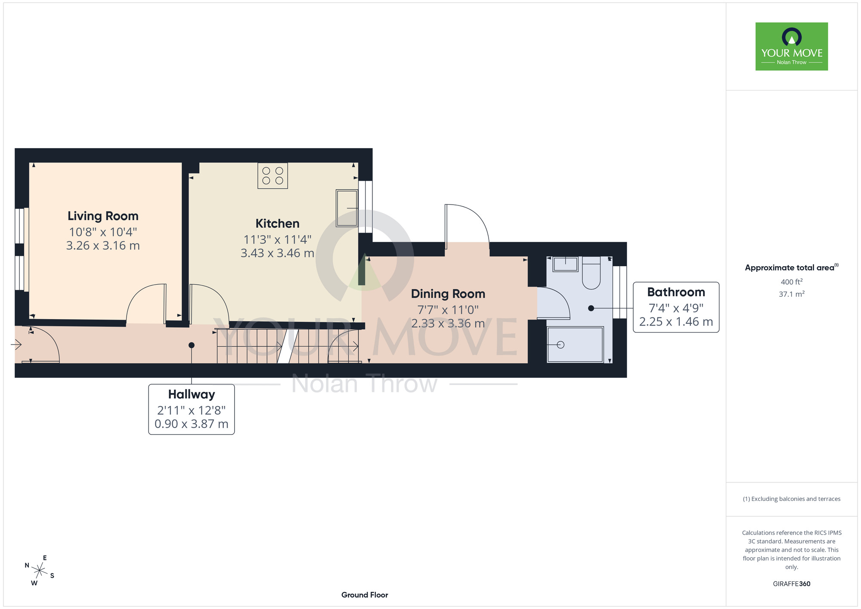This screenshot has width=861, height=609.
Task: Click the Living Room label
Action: tap(103, 216)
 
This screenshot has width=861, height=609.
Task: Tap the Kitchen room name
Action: tap(277, 224)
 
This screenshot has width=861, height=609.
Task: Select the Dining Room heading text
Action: tap(448, 294)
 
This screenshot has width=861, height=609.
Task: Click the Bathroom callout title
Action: tap(676, 292)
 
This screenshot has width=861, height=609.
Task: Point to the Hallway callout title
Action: tap(192, 395)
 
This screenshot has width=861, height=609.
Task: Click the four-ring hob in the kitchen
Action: tap(273, 176)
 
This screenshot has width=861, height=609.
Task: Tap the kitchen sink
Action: tap(347, 208)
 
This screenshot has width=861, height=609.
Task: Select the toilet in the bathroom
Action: tap(591, 273)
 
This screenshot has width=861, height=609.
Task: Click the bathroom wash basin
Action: tap(565, 264)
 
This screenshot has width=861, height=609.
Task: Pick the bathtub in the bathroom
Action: tap(575, 345)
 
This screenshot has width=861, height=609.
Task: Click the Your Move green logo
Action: tap(792, 47)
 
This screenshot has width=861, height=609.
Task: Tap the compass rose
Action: tap(39, 571)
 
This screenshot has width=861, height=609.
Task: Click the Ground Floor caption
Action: tap(365, 595)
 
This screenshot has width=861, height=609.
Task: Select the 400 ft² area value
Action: tap(792, 282)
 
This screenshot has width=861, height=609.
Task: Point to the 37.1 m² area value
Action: tap(792, 294)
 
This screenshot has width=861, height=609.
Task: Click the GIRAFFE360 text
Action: tap(792, 584)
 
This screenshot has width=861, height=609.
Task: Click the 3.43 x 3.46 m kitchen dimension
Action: tap(277, 253)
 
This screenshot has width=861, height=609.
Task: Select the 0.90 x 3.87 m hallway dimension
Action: tap(192, 424)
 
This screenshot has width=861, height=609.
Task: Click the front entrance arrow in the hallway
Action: tap(16, 345)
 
